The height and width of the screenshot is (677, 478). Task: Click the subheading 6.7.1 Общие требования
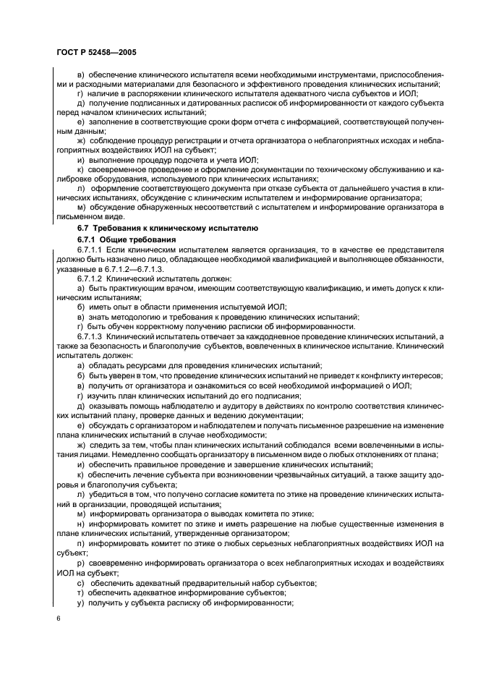click(x=124, y=239)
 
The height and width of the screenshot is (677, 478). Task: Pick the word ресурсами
click(x=135, y=367)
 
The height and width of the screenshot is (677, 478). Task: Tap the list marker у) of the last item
click(x=80, y=592)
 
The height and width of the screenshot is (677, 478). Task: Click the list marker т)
click(x=80, y=582)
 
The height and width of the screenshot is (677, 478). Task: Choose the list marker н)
click(x=80, y=523)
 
